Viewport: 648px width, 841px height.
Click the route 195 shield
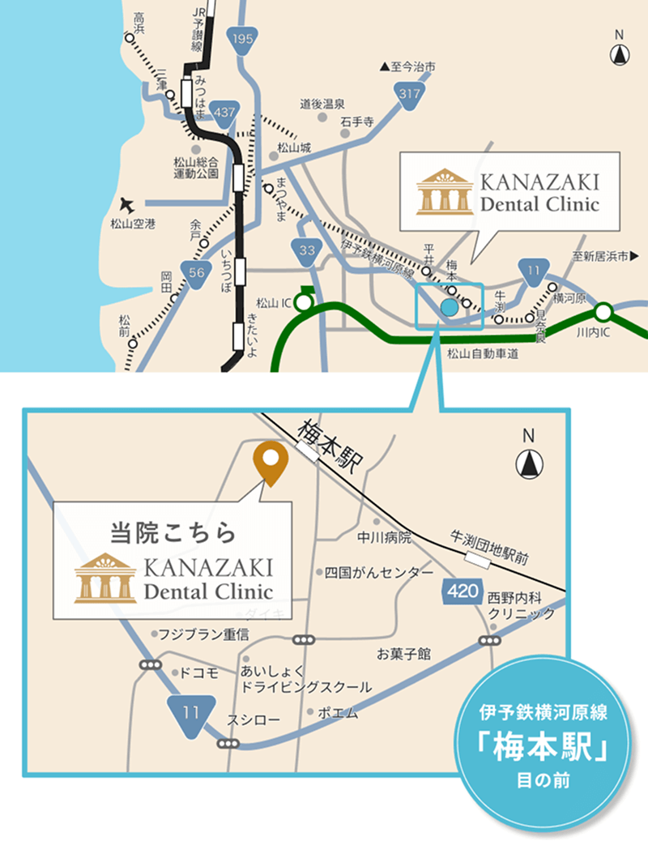(243, 39)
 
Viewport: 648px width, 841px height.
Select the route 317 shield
(411, 93)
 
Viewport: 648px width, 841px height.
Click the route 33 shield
(307, 250)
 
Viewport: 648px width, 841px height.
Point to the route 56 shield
(196, 273)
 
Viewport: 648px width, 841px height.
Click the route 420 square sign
(462, 591)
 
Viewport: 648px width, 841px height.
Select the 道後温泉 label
(323, 104)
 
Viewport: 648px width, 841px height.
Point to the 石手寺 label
(356, 122)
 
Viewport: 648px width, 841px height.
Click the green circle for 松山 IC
(303, 303)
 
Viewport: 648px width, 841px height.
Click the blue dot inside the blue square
(449, 307)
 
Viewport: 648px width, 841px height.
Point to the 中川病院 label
(384, 536)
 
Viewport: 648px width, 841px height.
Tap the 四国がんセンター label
(378, 572)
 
